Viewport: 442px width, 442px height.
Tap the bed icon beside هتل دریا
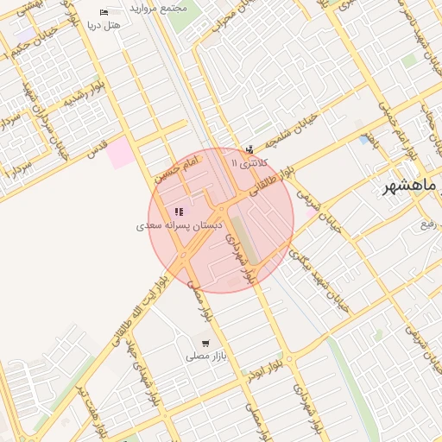coord(104,13)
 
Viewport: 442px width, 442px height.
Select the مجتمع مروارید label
coord(157,7)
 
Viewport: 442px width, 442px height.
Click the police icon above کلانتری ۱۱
coord(250,149)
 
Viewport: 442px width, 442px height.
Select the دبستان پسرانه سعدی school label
coord(174,225)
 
